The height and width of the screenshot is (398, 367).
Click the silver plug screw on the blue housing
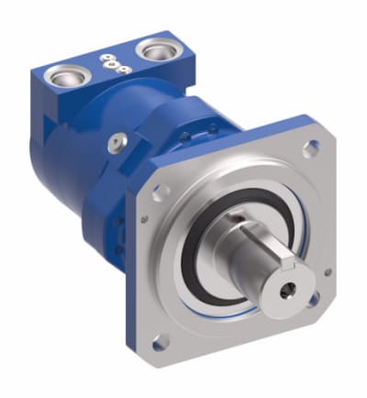pos(115,140)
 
